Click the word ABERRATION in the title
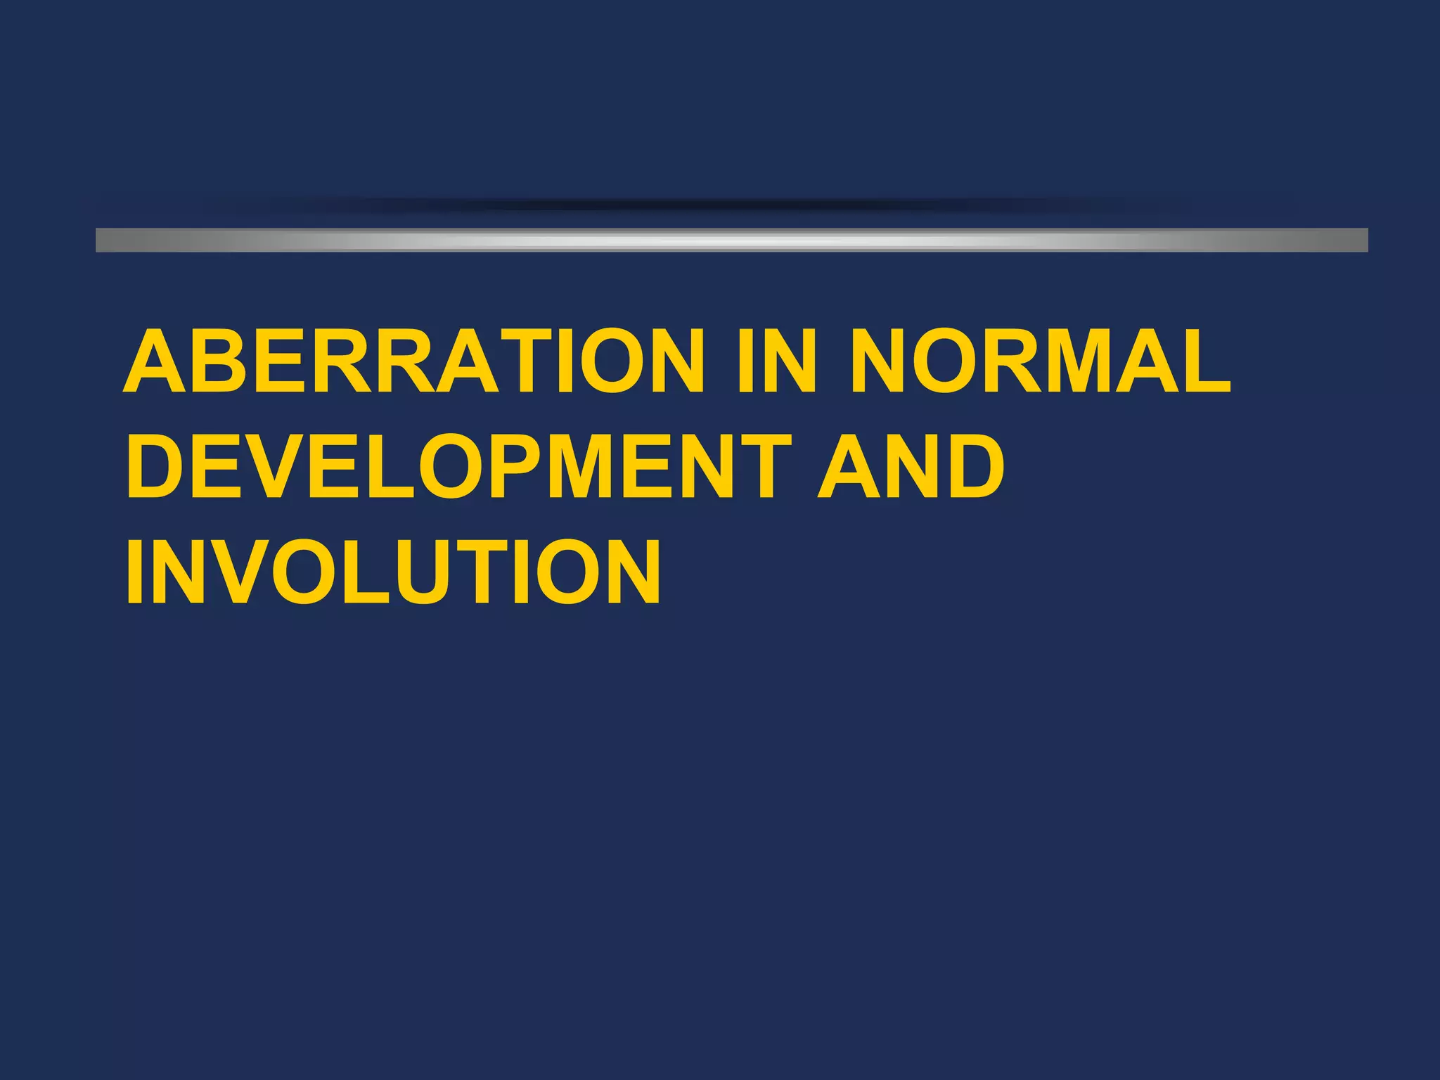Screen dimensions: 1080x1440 pyautogui.click(x=413, y=361)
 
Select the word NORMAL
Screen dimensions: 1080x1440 pyautogui.click(x=1041, y=361)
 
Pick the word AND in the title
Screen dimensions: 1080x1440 pyautogui.click(x=911, y=465)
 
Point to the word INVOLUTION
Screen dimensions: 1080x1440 pyautogui.click(x=394, y=571)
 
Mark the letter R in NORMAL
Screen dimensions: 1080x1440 pyautogui.click(x=1015, y=361)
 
